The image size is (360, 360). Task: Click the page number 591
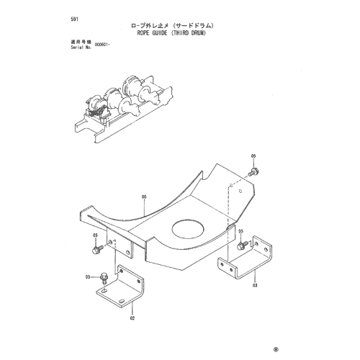[74, 19]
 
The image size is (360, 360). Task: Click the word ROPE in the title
[143, 33]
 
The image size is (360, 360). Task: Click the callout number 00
[144, 197]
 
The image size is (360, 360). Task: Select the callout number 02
[132, 318]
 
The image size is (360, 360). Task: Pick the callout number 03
[255, 285]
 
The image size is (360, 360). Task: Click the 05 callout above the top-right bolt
[253, 156]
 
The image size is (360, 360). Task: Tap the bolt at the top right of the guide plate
[253, 172]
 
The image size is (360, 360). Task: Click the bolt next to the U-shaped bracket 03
[243, 246]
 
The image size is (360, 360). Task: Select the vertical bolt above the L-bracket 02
[104, 278]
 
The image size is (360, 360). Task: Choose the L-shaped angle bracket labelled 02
[120, 286]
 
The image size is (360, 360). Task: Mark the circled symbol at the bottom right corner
[276, 349]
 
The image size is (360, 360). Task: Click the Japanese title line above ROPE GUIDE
[172, 25]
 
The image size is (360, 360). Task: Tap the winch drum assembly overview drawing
[123, 109]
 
